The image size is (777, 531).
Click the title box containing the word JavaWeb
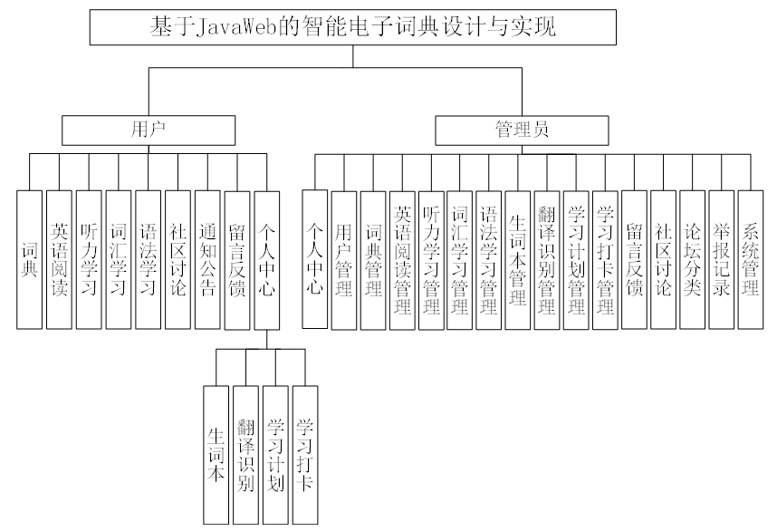pos(353,27)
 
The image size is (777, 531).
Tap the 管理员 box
pos(521,130)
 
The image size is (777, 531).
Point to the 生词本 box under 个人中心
pos(216,453)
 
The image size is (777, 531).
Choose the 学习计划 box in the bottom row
pos(276,453)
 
